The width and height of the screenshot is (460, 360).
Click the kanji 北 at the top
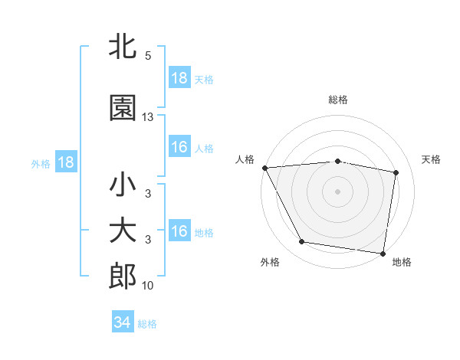[x=123, y=48]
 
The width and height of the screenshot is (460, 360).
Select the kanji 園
[x=123, y=109]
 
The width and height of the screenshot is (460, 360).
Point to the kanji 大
[x=123, y=231]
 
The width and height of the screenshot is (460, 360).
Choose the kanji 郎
[x=123, y=277]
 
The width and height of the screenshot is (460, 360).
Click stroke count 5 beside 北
[x=148, y=56]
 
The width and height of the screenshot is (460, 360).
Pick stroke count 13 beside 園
[x=148, y=117]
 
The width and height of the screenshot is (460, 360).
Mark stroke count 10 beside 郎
[x=148, y=286]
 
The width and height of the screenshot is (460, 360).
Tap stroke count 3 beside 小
[x=148, y=194]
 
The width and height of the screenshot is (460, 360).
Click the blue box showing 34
[x=123, y=323]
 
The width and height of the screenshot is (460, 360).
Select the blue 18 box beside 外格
[x=65, y=162]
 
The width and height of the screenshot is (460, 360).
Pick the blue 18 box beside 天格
[x=179, y=78]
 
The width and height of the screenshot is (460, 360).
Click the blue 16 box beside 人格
[x=179, y=147]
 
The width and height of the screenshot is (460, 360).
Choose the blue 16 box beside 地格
[x=179, y=231]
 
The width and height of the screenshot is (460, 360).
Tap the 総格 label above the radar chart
[x=338, y=100]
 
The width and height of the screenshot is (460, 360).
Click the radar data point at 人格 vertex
[x=264, y=168]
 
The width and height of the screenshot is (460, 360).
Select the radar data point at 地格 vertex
[x=383, y=253]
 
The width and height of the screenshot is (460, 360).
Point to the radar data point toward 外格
[x=301, y=242]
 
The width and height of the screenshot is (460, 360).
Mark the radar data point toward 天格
[x=396, y=172]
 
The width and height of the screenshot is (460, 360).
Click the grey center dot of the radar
[x=338, y=191]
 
